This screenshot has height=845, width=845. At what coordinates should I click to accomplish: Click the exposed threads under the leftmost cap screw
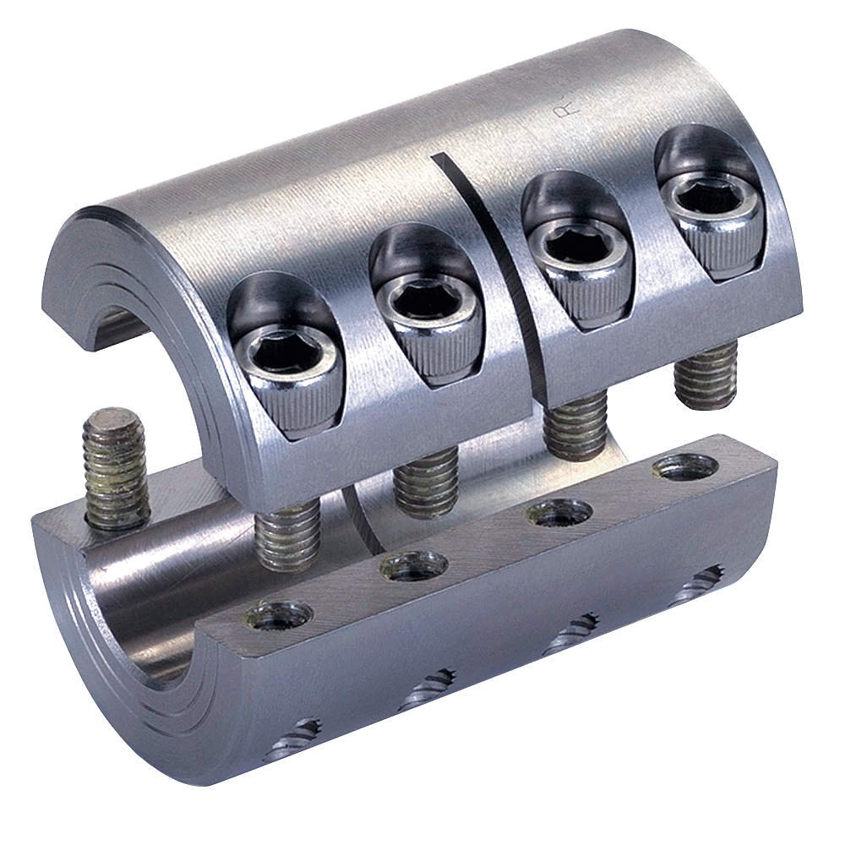click(287, 534)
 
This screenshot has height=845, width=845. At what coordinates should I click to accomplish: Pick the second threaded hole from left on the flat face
click(413, 564)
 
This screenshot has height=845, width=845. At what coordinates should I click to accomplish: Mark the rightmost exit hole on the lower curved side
click(699, 586)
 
